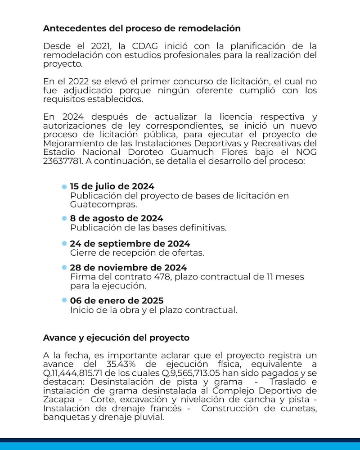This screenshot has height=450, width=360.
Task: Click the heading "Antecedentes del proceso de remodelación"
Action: tap(142, 28)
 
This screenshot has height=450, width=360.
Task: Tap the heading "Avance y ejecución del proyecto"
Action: tap(116, 337)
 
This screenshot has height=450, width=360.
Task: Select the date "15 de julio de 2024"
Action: tap(112, 186)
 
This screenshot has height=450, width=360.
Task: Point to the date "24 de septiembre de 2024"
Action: tap(130, 244)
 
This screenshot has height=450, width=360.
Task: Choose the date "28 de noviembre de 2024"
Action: tap(128, 268)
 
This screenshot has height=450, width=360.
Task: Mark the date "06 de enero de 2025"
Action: tap(117, 300)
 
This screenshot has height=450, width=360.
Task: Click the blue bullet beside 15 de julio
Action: tap(64, 186)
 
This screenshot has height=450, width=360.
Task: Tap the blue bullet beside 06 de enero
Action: tap(64, 300)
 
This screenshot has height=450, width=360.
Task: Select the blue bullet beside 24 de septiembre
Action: tap(64, 244)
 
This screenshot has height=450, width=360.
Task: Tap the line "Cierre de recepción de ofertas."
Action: tap(137, 252)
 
